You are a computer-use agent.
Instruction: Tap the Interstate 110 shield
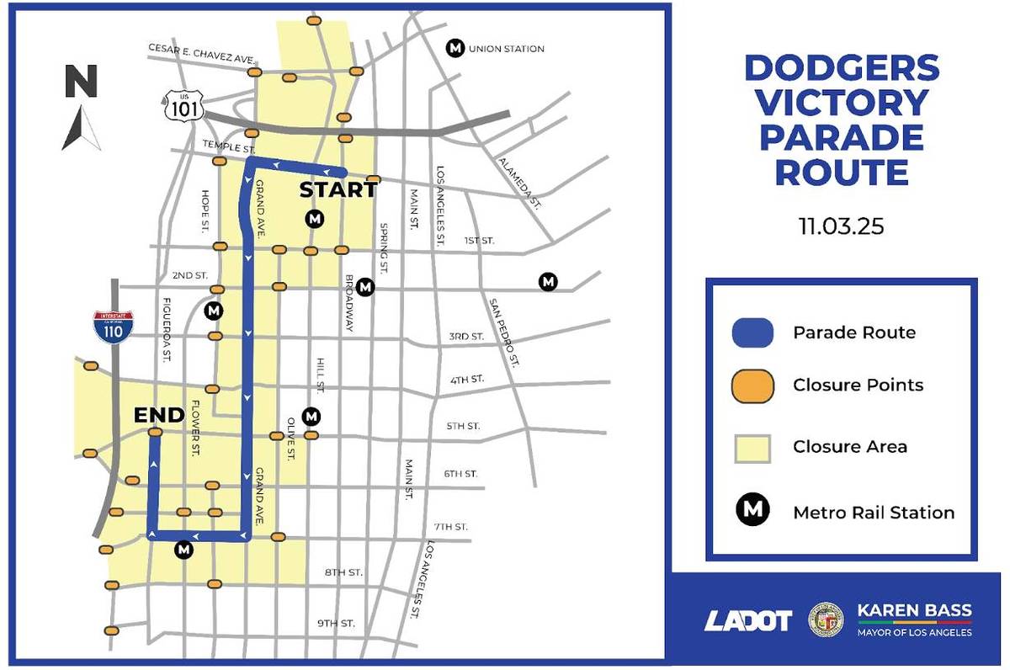click(x=107, y=325)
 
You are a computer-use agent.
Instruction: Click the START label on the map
click(x=338, y=189)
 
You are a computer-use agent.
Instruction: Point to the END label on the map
click(x=159, y=414)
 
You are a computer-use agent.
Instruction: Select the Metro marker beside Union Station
click(x=455, y=48)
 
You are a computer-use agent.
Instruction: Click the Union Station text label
click(x=506, y=49)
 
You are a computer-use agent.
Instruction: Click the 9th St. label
click(x=336, y=623)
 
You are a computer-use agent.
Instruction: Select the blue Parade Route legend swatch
click(x=752, y=332)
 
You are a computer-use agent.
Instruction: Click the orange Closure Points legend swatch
click(x=752, y=386)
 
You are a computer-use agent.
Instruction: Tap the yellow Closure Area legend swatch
click(x=752, y=446)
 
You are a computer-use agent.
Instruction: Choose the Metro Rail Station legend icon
click(x=752, y=511)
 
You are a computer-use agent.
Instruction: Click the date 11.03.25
click(x=842, y=227)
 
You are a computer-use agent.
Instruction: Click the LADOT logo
click(x=747, y=620)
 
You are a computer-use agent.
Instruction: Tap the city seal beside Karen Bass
click(x=825, y=619)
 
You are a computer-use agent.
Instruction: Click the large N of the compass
click(x=82, y=82)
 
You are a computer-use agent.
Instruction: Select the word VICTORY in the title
click(x=842, y=102)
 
